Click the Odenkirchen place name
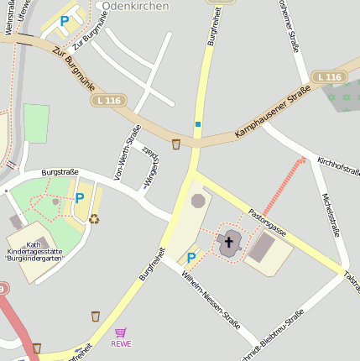pos(135,6)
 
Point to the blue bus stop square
pos(198,124)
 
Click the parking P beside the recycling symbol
pos(80,198)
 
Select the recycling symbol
pos(94,219)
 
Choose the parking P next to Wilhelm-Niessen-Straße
pos(191,258)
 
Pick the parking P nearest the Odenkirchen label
pos(64,20)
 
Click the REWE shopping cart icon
pos(121,333)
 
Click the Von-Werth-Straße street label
pos(127,151)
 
